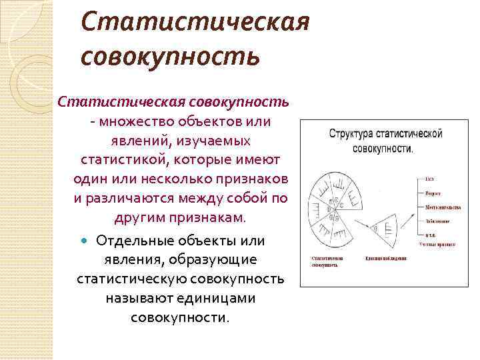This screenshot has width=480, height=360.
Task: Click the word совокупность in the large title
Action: pyautogui.click(x=169, y=55)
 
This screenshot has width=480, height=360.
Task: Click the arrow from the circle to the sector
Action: pyautogui.click(x=360, y=226)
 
